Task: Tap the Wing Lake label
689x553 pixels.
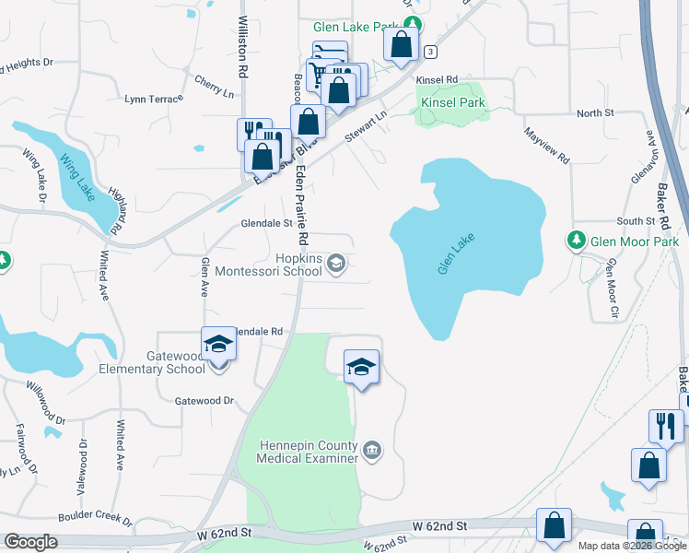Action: pyautogui.click(x=77, y=176)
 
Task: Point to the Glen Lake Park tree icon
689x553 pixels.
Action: pyautogui.click(x=415, y=24)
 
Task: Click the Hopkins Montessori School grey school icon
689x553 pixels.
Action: pyautogui.click(x=337, y=264)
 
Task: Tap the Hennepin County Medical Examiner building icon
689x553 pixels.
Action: pyautogui.click(x=371, y=450)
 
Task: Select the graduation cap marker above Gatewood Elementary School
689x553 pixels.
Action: pyautogui.click(x=218, y=345)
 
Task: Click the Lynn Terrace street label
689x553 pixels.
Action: pyautogui.click(x=148, y=98)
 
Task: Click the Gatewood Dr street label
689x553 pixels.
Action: pyautogui.click(x=204, y=401)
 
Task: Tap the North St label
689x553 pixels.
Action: pyautogui.click(x=595, y=112)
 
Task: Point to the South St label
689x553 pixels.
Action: pyautogui.click(x=635, y=221)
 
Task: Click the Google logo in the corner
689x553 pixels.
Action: pyautogui.click(x=31, y=542)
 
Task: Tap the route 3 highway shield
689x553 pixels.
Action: pyautogui.click(x=431, y=52)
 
